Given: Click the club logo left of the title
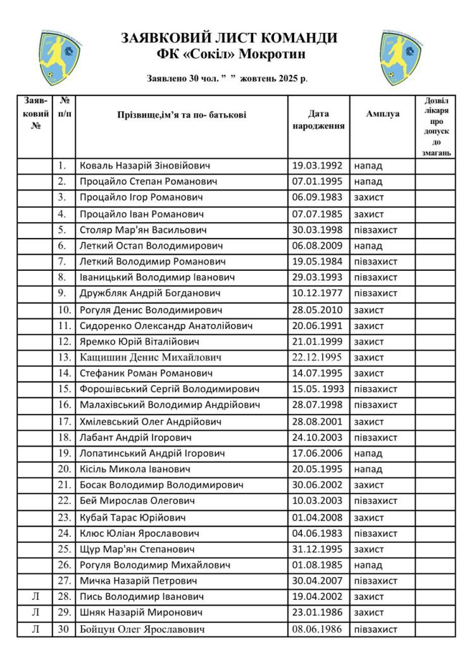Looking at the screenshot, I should [59, 58].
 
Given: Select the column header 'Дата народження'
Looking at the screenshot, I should [318, 120].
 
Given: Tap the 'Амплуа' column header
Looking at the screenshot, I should [382, 114].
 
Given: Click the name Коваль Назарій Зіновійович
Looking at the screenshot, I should [145, 166].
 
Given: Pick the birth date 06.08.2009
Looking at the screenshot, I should [317, 246].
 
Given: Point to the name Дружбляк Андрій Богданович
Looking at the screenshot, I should [150, 293].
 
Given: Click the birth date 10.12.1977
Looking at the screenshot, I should [317, 293].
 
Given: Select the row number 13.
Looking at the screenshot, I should [65, 358].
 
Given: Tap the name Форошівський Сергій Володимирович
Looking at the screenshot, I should [169, 389].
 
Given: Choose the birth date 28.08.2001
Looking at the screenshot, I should [317, 421].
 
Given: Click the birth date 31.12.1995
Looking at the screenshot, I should [317, 549].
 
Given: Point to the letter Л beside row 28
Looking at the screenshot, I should [35, 597].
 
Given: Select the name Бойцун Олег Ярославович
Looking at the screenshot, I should [142, 629].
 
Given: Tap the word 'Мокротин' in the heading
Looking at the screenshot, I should [274, 54].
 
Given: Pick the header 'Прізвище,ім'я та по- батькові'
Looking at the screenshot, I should [182, 115].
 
